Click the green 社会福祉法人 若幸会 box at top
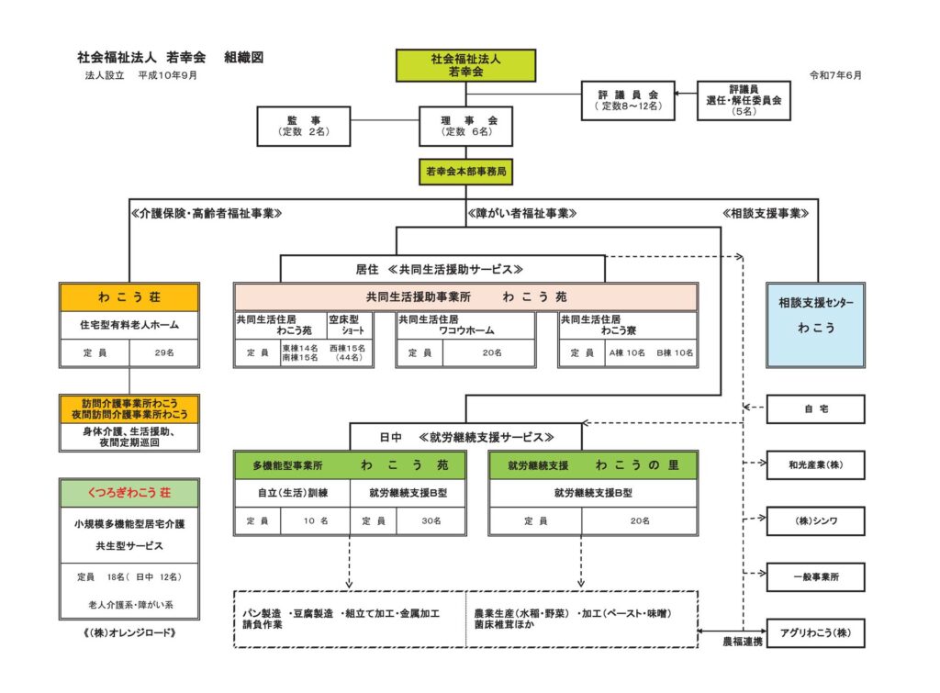coord(465,65)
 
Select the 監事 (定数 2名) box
coord(303,126)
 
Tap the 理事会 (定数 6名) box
coord(465,126)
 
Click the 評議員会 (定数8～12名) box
coord(628,101)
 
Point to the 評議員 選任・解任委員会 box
coord(744,101)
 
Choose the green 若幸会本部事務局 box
coord(465,172)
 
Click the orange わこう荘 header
coord(129,297)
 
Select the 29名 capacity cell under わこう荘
coord(164,353)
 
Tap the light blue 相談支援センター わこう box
coord(815,325)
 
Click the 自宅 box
coord(815,408)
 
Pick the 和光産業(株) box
coord(815,464)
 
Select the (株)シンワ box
coord(815,521)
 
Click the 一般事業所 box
coord(815,576)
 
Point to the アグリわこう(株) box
coord(815,633)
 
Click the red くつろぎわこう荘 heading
coord(129,493)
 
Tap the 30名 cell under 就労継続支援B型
coord(431,521)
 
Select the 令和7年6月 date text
coord(835,75)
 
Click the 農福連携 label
coord(743,642)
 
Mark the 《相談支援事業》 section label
coord(766,214)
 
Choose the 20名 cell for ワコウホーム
coord(492,353)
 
